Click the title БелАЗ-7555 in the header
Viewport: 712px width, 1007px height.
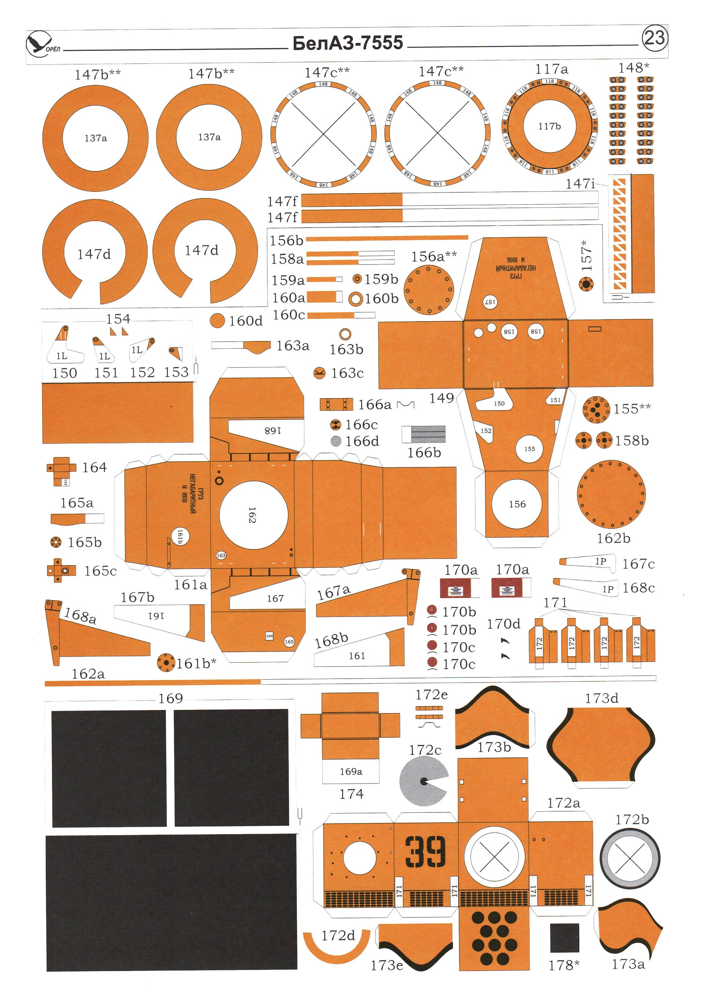pyautogui.click(x=347, y=43)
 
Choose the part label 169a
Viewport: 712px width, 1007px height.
pyautogui.click(x=350, y=771)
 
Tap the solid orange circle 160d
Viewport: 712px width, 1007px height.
pyautogui.click(x=217, y=321)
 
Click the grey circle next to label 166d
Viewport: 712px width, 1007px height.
pyautogui.click(x=336, y=441)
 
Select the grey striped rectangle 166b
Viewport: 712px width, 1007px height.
pyautogui.click(x=424, y=434)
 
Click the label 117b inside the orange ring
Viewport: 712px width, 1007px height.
pyautogui.click(x=549, y=126)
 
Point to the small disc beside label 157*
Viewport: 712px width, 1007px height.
pyautogui.click(x=586, y=284)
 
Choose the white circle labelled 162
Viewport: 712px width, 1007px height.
pyautogui.click(x=253, y=515)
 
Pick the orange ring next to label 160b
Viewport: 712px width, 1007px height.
pyautogui.click(x=356, y=299)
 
